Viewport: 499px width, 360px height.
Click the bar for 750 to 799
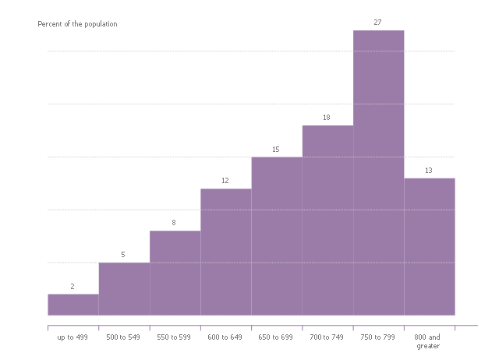click(378, 172)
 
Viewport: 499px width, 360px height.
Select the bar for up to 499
click(73, 305)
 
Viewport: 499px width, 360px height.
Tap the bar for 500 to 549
click(124, 289)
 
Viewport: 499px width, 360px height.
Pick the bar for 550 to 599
click(175, 273)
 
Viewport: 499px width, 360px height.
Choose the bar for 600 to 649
click(226, 252)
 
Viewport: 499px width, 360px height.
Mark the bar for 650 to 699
click(277, 236)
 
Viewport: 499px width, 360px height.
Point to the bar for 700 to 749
click(327, 220)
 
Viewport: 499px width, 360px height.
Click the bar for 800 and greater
click(430, 246)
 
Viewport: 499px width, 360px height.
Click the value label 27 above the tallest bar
click(378, 23)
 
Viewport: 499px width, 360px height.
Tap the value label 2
click(73, 287)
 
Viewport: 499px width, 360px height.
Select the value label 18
click(327, 118)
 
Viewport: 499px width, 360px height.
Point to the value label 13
click(429, 171)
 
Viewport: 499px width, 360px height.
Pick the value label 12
click(225, 181)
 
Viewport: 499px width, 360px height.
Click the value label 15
click(276, 150)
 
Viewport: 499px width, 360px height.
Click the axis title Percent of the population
click(78, 24)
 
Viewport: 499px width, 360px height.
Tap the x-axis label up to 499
click(73, 337)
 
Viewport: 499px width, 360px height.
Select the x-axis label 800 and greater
click(429, 341)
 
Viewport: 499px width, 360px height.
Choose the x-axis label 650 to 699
click(276, 337)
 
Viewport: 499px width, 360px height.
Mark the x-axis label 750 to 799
click(378, 337)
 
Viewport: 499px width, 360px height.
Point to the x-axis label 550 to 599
click(174, 337)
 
